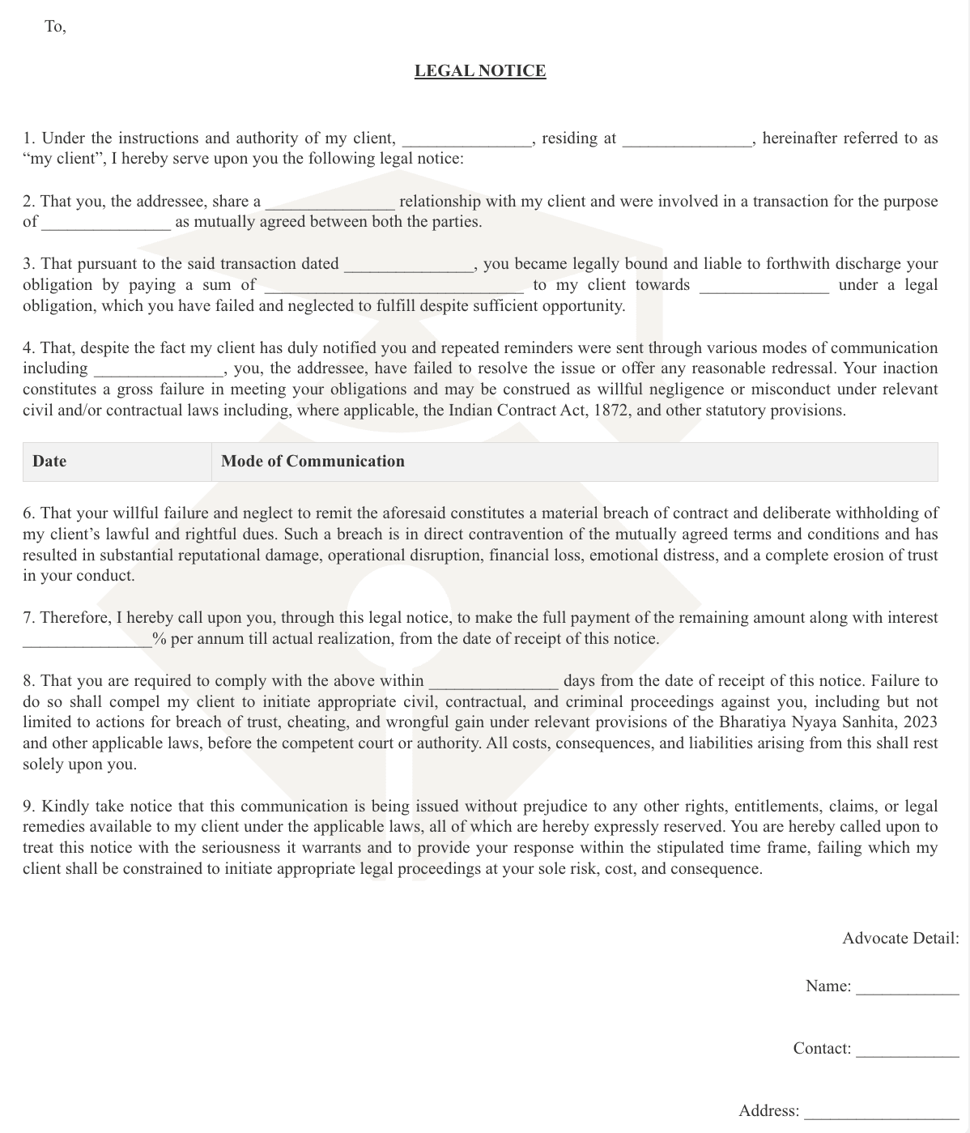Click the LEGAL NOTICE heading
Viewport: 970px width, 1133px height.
(x=479, y=71)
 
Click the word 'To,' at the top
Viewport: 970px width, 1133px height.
(x=55, y=27)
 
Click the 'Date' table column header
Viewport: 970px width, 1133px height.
(x=49, y=462)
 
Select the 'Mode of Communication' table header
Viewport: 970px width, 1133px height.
(x=313, y=462)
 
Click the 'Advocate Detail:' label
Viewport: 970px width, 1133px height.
(x=900, y=939)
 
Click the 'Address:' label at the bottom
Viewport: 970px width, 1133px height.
(x=768, y=1110)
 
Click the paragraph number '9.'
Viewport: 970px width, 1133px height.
(x=29, y=807)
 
